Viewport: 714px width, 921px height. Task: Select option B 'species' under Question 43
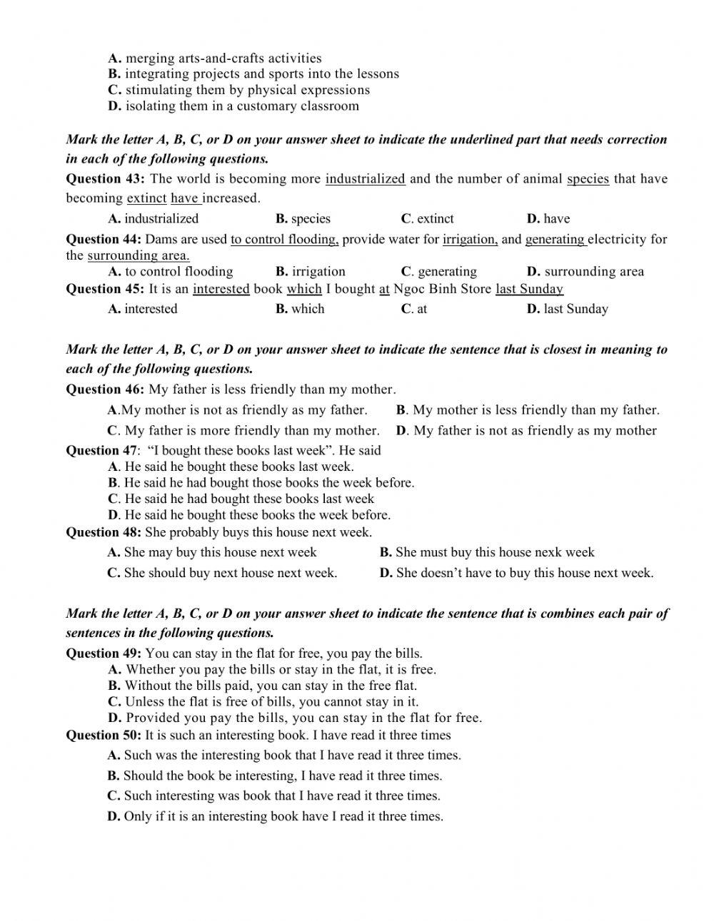(x=303, y=219)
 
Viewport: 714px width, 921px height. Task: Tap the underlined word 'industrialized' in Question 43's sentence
(x=365, y=178)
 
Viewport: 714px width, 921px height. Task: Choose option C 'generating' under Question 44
(x=439, y=272)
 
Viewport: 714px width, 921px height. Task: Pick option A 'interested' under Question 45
(x=143, y=309)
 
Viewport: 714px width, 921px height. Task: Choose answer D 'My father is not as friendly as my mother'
(x=526, y=431)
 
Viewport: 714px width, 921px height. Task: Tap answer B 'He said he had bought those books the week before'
(x=261, y=483)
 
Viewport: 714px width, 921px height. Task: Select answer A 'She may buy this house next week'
(x=212, y=552)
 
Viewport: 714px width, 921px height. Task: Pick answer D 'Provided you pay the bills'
(x=295, y=718)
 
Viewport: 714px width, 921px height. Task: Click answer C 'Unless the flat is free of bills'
(x=263, y=702)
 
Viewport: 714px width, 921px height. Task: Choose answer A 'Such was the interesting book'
(x=284, y=755)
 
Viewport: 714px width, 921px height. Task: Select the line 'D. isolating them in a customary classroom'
(x=233, y=106)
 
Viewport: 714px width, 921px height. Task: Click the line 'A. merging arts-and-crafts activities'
(x=215, y=58)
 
